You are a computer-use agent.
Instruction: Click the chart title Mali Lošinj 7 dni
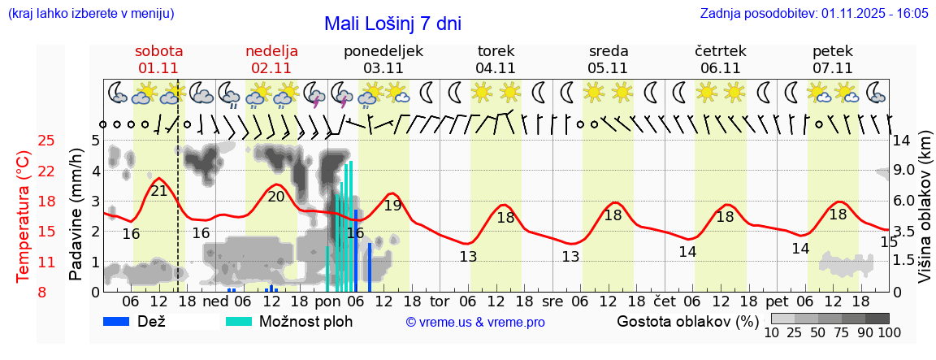392,24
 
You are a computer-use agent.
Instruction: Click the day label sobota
158,51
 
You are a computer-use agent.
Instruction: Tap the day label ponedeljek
383,51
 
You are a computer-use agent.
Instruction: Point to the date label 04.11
496,68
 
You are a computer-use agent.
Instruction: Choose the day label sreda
608,51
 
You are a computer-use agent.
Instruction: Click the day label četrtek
720,51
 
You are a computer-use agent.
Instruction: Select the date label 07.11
832,68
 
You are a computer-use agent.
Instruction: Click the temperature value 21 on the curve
159,192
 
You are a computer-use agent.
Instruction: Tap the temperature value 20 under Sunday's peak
276,196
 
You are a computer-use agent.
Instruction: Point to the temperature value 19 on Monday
392,205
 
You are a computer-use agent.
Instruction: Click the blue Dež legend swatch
118,321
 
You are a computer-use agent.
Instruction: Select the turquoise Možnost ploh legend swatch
239,321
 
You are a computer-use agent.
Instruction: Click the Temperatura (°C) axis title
24,216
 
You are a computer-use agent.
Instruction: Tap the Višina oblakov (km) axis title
925,216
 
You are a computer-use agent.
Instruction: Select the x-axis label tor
440,300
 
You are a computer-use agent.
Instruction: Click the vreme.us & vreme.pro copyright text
475,323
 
